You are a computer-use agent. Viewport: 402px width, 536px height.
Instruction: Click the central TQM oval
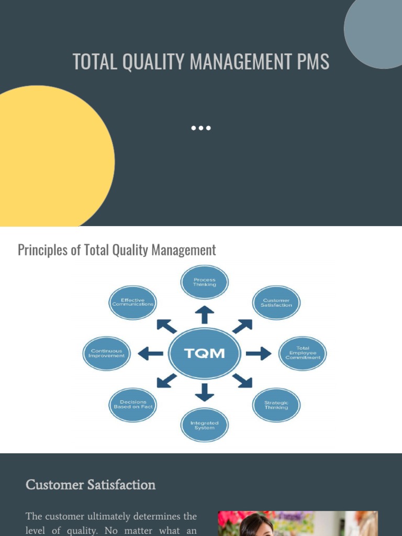[x=205, y=353]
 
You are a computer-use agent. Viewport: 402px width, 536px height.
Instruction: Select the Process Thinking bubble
[x=204, y=282]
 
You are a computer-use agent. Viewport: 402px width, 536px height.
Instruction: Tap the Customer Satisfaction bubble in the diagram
[x=276, y=303]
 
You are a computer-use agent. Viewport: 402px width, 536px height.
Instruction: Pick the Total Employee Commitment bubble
[x=303, y=353]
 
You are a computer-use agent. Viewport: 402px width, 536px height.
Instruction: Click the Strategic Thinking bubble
[x=276, y=405]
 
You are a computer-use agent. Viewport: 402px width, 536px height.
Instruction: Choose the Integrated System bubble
[x=204, y=425]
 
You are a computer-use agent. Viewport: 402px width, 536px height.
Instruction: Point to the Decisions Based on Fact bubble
[x=133, y=405]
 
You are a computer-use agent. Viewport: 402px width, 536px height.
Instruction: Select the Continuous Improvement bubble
[x=107, y=353]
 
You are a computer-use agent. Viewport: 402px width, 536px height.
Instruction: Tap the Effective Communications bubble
[x=133, y=303]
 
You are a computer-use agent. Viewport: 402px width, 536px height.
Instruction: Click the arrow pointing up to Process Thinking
[x=204, y=315]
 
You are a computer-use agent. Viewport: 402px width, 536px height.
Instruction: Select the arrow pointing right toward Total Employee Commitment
[x=258, y=354]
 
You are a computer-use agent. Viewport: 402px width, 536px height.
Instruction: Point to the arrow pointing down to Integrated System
[x=204, y=392]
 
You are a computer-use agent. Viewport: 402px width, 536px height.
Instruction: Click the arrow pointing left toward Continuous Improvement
[x=151, y=354]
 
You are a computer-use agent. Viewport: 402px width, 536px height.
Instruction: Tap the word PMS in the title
[x=312, y=62]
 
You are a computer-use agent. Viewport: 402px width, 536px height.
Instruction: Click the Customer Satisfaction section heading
[x=91, y=485]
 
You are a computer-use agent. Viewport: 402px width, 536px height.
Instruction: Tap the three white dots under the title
[x=201, y=128]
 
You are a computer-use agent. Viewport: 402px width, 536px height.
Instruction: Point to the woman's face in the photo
[x=256, y=526]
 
